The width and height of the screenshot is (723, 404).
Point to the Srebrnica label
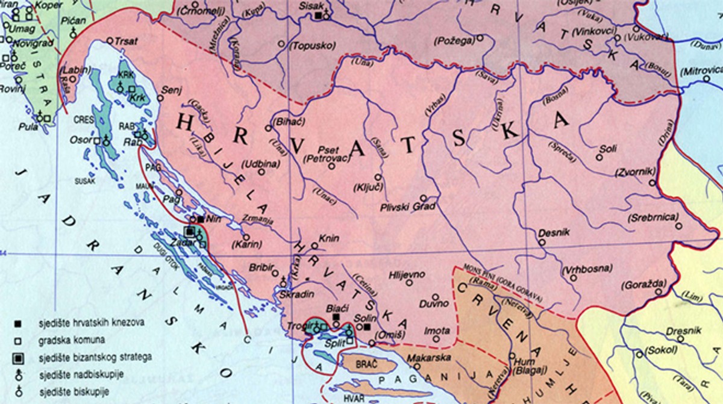pos(653,217)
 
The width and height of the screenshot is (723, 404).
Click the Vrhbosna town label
pos(587,268)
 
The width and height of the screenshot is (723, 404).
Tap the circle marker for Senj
pos(160,97)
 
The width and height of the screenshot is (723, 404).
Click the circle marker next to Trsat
pos(110,41)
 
